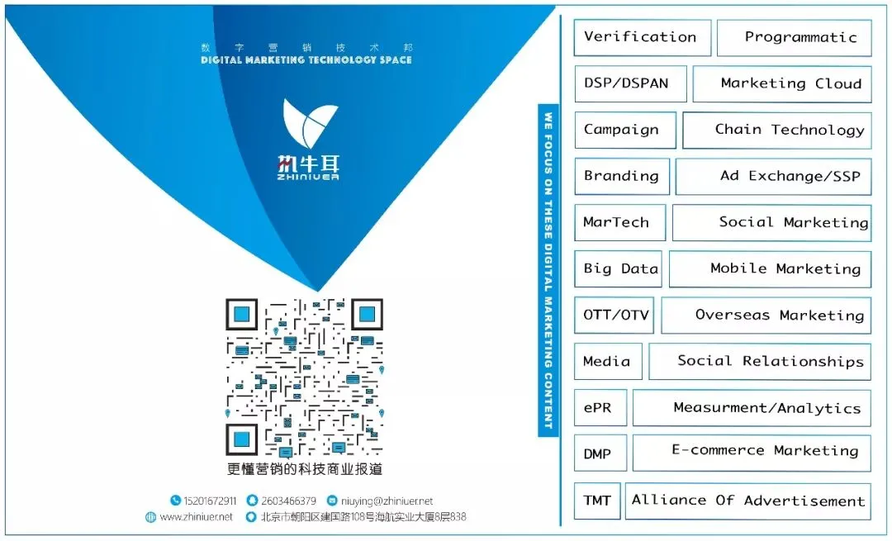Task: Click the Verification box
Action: coord(642,37)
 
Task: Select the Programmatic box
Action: coord(794,37)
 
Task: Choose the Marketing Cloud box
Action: coord(781,83)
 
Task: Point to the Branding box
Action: coord(621,176)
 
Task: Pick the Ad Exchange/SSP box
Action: coord(773,176)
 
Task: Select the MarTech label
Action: coord(616,222)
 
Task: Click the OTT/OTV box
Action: coord(614,315)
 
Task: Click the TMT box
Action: coord(597,501)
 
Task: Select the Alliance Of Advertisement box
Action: coord(747,501)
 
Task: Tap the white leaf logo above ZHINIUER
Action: coord(310,122)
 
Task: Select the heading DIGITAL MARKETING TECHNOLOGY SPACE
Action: coord(306,59)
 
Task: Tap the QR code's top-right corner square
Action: coord(366,315)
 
